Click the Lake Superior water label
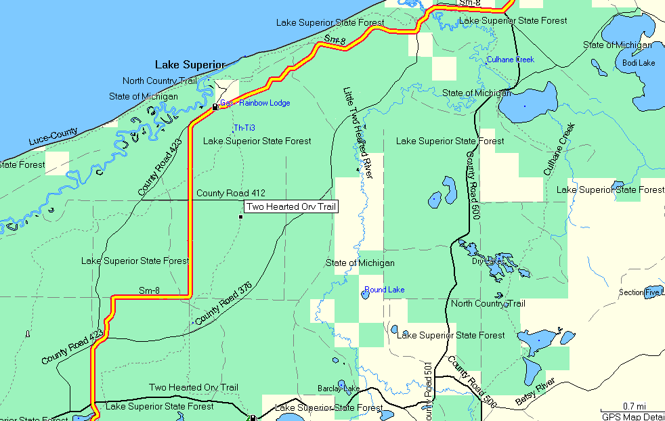[190, 65]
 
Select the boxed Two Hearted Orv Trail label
[291, 207]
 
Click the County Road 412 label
[231, 194]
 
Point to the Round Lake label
[385, 290]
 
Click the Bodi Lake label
[639, 63]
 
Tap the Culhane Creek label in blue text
[511, 60]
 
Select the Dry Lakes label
[487, 261]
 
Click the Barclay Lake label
[339, 389]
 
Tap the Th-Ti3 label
[244, 127]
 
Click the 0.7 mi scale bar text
[634, 406]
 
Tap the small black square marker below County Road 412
[240, 217]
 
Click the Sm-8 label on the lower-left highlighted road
[149, 290]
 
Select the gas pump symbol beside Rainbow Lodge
[215, 107]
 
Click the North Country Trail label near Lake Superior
[159, 81]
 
